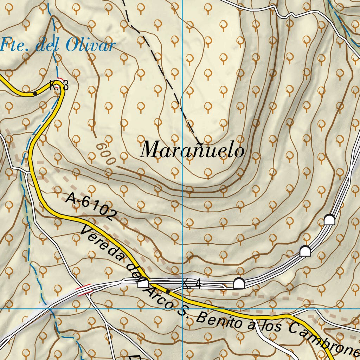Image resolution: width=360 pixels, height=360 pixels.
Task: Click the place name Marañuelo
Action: pos(192,150)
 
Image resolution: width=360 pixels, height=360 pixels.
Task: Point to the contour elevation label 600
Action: pos(105,154)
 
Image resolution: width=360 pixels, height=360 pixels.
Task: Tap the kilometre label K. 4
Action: pos(192,284)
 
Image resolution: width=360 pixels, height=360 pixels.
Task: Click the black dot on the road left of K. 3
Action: pos(35,94)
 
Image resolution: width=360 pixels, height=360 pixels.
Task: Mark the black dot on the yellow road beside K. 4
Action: pos(168,292)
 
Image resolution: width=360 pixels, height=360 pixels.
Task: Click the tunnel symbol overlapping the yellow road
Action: pos(143,283)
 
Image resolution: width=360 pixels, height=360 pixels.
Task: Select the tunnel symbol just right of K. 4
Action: pos(239,283)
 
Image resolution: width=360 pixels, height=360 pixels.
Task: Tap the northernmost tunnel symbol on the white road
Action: pos(329,220)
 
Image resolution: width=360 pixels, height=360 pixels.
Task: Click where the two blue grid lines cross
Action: pos(182,309)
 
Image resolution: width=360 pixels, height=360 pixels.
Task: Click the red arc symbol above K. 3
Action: pos(60,80)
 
